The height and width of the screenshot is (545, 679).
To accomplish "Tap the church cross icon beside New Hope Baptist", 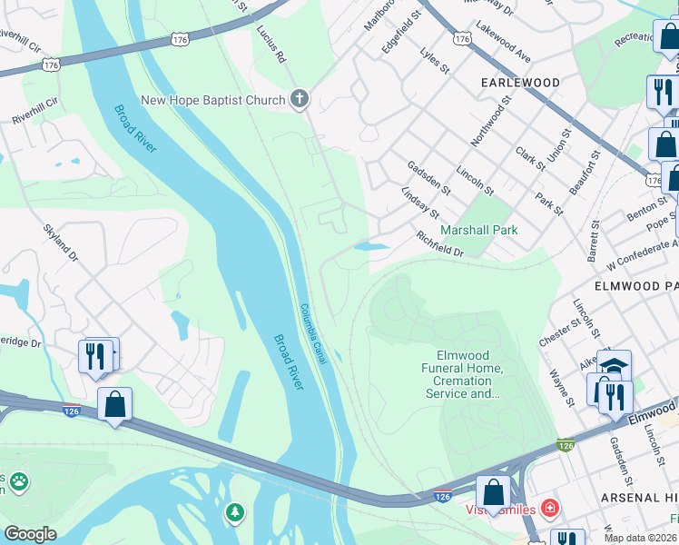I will pyautogui.click(x=300, y=100).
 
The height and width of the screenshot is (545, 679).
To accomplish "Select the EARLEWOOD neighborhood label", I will pyautogui.click(x=520, y=83).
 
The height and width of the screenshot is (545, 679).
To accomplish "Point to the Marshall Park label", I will pyautogui.click(x=479, y=230).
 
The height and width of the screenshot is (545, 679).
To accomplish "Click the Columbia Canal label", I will pyautogui.click(x=313, y=334).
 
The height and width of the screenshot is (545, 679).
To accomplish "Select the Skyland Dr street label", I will pyautogui.click(x=63, y=244).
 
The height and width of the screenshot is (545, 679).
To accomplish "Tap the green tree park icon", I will pyautogui.click(x=236, y=513).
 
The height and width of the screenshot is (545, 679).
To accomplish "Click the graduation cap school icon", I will pyautogui.click(x=615, y=365).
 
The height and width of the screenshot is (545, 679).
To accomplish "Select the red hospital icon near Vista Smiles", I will pyautogui.click(x=549, y=507).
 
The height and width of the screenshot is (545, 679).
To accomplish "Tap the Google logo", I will pyautogui.click(x=30, y=534).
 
